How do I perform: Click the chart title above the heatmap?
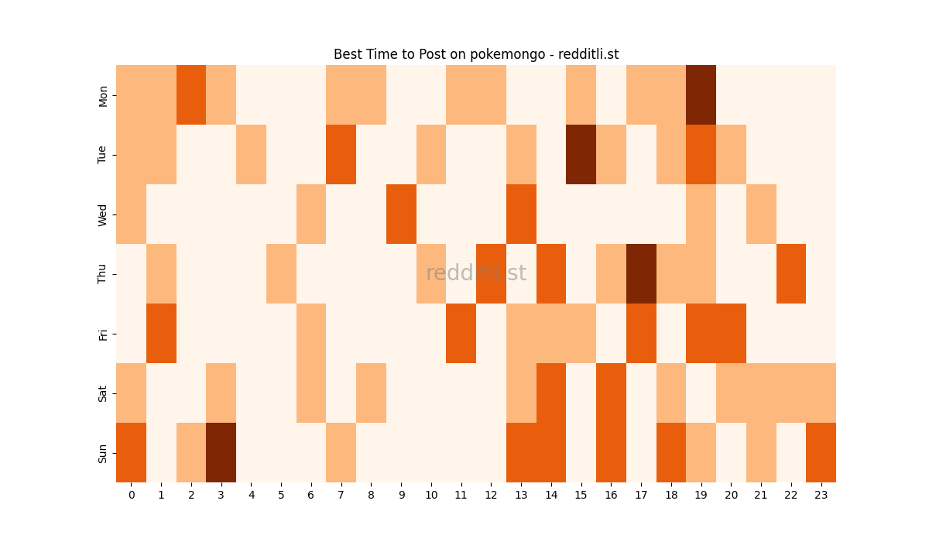click(x=476, y=54)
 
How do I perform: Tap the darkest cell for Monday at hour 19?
click(x=701, y=95)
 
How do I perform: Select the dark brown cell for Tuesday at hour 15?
click(x=581, y=155)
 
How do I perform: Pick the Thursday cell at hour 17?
click(x=641, y=274)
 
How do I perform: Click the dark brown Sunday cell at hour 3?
click(x=221, y=452)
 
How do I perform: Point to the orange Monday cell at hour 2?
click(x=191, y=95)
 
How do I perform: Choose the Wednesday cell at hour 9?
click(x=401, y=214)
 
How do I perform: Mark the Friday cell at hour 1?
click(x=161, y=334)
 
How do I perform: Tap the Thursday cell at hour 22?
click(x=790, y=274)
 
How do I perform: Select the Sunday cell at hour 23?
click(x=821, y=452)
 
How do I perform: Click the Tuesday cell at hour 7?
click(x=341, y=155)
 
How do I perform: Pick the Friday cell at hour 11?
click(x=461, y=334)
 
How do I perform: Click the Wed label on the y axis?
click(x=103, y=214)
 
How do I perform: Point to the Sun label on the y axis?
click(x=103, y=453)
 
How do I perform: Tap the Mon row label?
click(x=103, y=96)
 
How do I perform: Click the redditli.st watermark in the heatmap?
click(x=476, y=273)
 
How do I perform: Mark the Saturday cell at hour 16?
click(x=611, y=393)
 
